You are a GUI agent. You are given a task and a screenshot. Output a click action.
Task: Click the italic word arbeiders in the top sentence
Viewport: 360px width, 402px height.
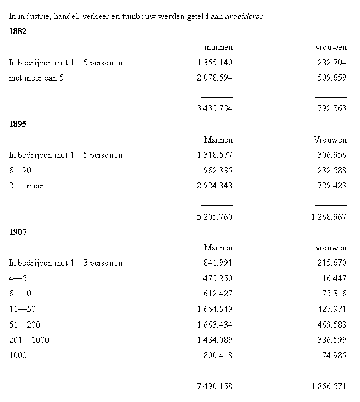click(244, 16)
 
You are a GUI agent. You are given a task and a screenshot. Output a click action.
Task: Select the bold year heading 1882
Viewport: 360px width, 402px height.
click(18, 31)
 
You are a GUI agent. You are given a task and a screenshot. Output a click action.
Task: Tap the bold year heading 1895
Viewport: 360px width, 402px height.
click(18, 124)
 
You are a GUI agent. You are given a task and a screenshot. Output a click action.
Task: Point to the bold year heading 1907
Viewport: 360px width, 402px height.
click(18, 232)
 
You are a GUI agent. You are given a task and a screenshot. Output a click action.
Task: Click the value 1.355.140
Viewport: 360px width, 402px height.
click(215, 63)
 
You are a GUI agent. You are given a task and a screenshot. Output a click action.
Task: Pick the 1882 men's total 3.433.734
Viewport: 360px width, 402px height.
click(215, 108)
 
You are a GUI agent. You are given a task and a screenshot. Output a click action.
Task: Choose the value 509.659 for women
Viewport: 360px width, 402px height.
click(331, 78)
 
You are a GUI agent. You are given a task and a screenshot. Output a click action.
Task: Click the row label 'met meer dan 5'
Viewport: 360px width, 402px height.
click(36, 78)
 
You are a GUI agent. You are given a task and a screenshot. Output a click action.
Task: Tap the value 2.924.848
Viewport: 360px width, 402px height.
click(215, 186)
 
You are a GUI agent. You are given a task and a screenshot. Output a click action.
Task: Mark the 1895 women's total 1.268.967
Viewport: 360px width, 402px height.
click(329, 216)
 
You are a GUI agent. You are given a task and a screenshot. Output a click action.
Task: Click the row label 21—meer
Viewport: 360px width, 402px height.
click(26, 186)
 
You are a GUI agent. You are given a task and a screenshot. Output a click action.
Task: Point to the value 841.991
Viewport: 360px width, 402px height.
click(218, 263)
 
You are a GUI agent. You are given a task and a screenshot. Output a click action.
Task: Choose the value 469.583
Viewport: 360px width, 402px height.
click(331, 324)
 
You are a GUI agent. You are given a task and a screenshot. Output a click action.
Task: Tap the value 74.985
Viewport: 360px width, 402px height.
click(334, 355)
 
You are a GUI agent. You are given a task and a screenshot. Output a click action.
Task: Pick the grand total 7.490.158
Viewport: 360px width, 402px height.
click(215, 386)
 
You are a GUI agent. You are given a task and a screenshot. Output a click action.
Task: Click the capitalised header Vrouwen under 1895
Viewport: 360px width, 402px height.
click(330, 140)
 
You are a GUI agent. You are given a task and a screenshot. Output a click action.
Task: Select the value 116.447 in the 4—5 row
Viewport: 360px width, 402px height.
click(331, 278)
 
